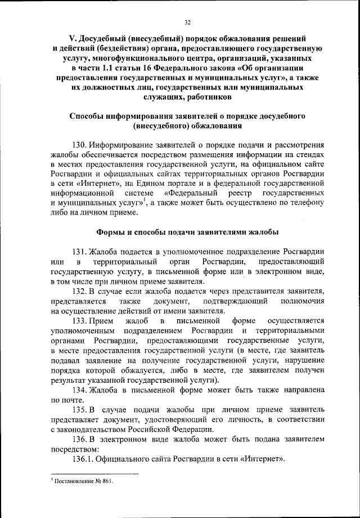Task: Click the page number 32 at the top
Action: pyautogui.click(x=188, y=22)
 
